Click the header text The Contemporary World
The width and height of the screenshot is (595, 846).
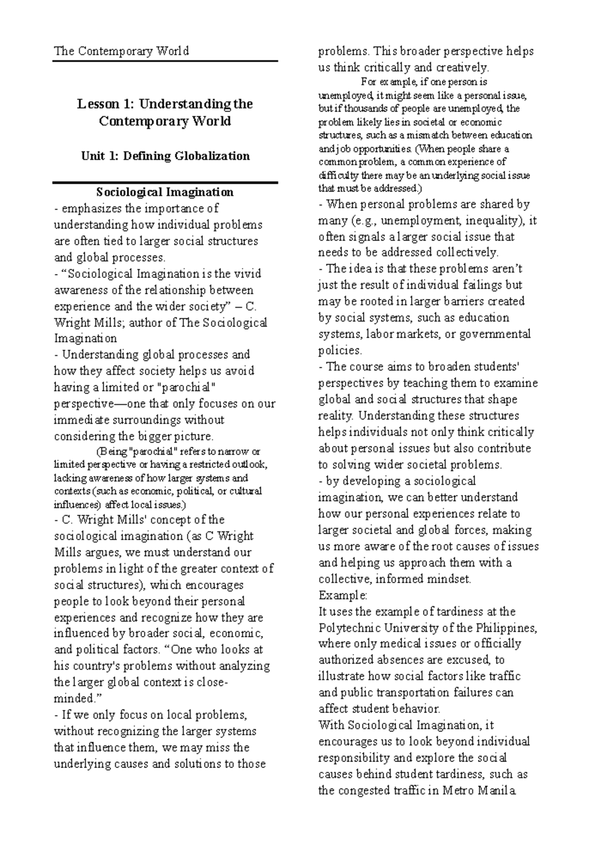coord(121,51)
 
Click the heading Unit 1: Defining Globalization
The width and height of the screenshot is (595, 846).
coord(165,156)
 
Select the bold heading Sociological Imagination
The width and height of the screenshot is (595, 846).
coord(165,192)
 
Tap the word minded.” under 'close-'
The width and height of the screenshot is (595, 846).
coord(77,699)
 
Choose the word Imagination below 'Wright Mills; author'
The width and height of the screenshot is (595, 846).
coord(85,339)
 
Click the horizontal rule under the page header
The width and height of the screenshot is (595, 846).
coord(165,61)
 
